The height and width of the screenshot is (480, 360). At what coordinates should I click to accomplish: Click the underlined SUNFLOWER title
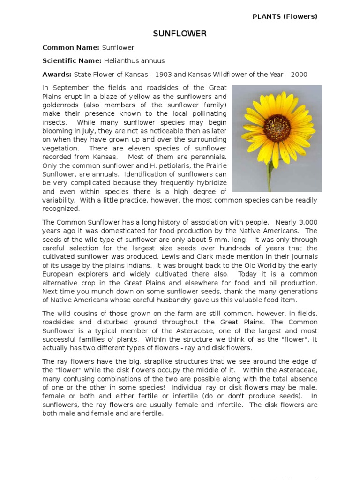pyautogui.click(x=180, y=34)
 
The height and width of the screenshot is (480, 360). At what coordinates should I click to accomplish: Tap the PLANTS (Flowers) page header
pyautogui.click(x=285, y=16)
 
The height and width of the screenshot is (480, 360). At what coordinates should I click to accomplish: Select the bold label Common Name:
pyautogui.click(x=71, y=47)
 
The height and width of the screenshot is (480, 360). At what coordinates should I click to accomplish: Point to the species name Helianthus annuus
pyautogui.click(x=135, y=61)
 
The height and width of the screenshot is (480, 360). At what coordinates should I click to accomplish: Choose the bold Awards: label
pyautogui.click(x=57, y=75)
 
